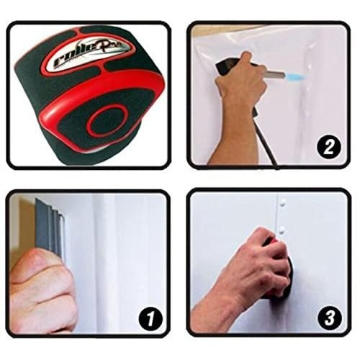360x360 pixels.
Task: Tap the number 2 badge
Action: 328,148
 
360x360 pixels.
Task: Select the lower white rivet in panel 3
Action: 283,230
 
